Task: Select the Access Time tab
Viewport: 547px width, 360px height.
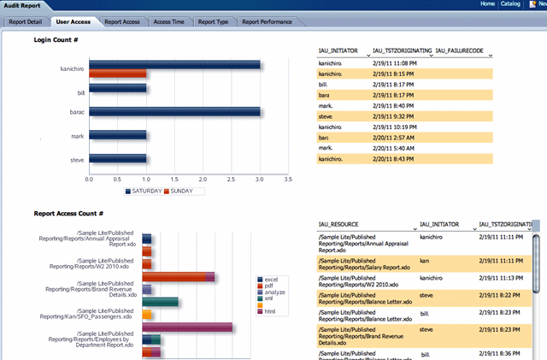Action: (x=168, y=22)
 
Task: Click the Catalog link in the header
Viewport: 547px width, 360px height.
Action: (x=511, y=4)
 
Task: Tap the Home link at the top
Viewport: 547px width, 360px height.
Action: (x=487, y=4)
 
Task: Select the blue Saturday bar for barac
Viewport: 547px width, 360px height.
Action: (x=174, y=111)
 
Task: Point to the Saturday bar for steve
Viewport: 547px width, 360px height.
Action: (x=118, y=158)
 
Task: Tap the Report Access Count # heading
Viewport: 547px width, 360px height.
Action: (x=68, y=213)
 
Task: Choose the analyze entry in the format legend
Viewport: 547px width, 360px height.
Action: (x=275, y=292)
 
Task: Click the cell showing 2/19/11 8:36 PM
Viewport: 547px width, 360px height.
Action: (x=500, y=352)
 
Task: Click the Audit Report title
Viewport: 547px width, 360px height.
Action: (x=21, y=5)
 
